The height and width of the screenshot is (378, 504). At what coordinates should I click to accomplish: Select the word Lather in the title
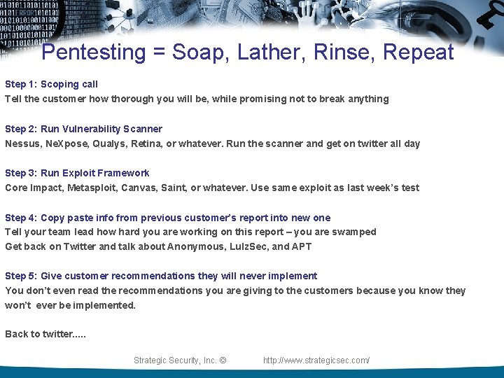click(x=268, y=52)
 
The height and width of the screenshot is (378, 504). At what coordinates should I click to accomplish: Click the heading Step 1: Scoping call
click(x=52, y=84)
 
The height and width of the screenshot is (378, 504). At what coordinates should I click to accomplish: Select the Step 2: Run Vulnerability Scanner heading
click(x=83, y=129)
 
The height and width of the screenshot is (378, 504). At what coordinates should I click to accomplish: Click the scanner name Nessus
click(x=22, y=143)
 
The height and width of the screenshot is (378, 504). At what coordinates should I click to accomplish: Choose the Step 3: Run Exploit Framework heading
click(x=77, y=173)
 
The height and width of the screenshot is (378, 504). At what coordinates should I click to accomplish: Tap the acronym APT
click(x=302, y=246)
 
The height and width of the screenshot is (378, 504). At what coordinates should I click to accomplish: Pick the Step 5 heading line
click(x=161, y=276)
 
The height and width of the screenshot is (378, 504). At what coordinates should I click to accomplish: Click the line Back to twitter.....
click(x=45, y=334)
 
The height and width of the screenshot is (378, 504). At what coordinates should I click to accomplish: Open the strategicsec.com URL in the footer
click(x=316, y=360)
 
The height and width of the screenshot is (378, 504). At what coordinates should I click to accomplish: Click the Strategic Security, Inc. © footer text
click(x=180, y=360)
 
